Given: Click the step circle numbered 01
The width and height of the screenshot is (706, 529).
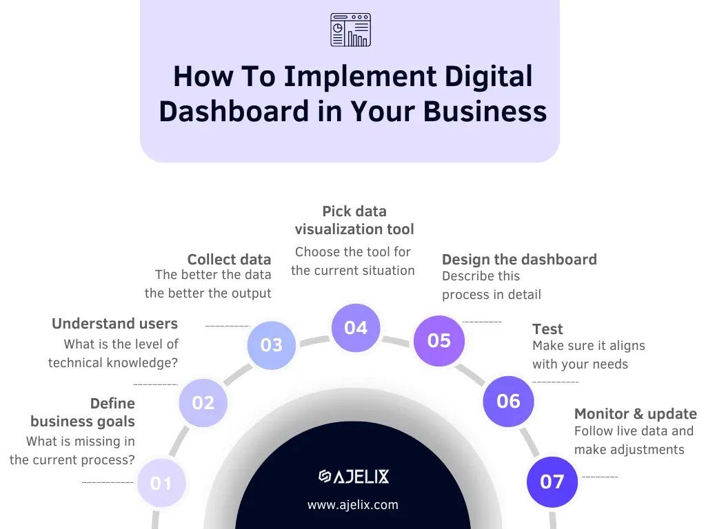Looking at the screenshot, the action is click(x=161, y=483).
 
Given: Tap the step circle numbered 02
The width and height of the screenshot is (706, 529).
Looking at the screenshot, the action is click(x=203, y=402).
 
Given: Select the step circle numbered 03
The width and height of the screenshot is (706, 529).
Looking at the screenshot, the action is click(x=272, y=344).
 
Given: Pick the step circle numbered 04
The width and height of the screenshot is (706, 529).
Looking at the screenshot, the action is click(x=356, y=328).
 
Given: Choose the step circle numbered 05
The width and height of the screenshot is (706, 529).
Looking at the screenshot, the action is click(x=439, y=340).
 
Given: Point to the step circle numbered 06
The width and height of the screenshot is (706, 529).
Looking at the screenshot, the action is click(x=508, y=401).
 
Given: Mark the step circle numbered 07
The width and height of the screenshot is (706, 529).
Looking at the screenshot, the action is click(x=552, y=481).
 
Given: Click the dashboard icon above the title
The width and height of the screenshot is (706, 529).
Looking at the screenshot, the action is click(x=350, y=30).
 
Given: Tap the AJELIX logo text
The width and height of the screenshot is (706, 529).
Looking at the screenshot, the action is click(x=354, y=476).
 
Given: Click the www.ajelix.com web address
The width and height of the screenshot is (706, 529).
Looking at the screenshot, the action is click(x=353, y=505).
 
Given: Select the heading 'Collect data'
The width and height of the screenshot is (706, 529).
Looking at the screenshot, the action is click(x=229, y=260).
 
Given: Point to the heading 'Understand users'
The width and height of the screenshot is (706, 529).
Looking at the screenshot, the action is click(x=114, y=324).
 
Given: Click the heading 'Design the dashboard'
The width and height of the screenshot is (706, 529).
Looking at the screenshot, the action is click(x=519, y=260).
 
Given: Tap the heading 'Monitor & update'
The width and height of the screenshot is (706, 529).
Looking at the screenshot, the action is click(x=635, y=414).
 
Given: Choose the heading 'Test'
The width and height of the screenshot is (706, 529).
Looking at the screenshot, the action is click(x=547, y=329).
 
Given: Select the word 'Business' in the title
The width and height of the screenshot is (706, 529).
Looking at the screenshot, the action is click(x=485, y=112).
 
